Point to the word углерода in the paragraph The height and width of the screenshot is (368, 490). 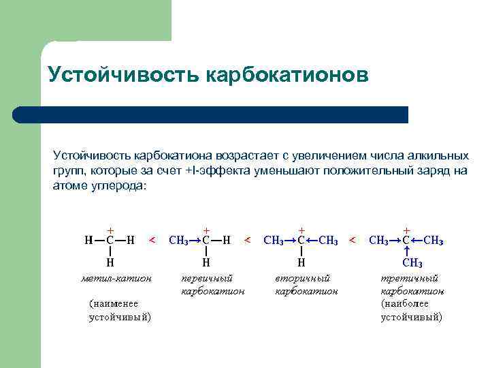(115, 185)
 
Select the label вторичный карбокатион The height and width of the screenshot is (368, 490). (306, 285)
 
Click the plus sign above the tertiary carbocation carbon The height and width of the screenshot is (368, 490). (406, 230)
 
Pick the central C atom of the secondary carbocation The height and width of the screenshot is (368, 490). (301, 240)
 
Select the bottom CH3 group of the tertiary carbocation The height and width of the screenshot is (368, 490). (412, 263)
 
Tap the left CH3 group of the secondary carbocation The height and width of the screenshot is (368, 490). (273, 240)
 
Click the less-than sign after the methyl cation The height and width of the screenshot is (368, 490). (152, 240)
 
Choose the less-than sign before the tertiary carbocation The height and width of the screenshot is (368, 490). (353, 240)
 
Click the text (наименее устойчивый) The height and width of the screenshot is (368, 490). (120, 310)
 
